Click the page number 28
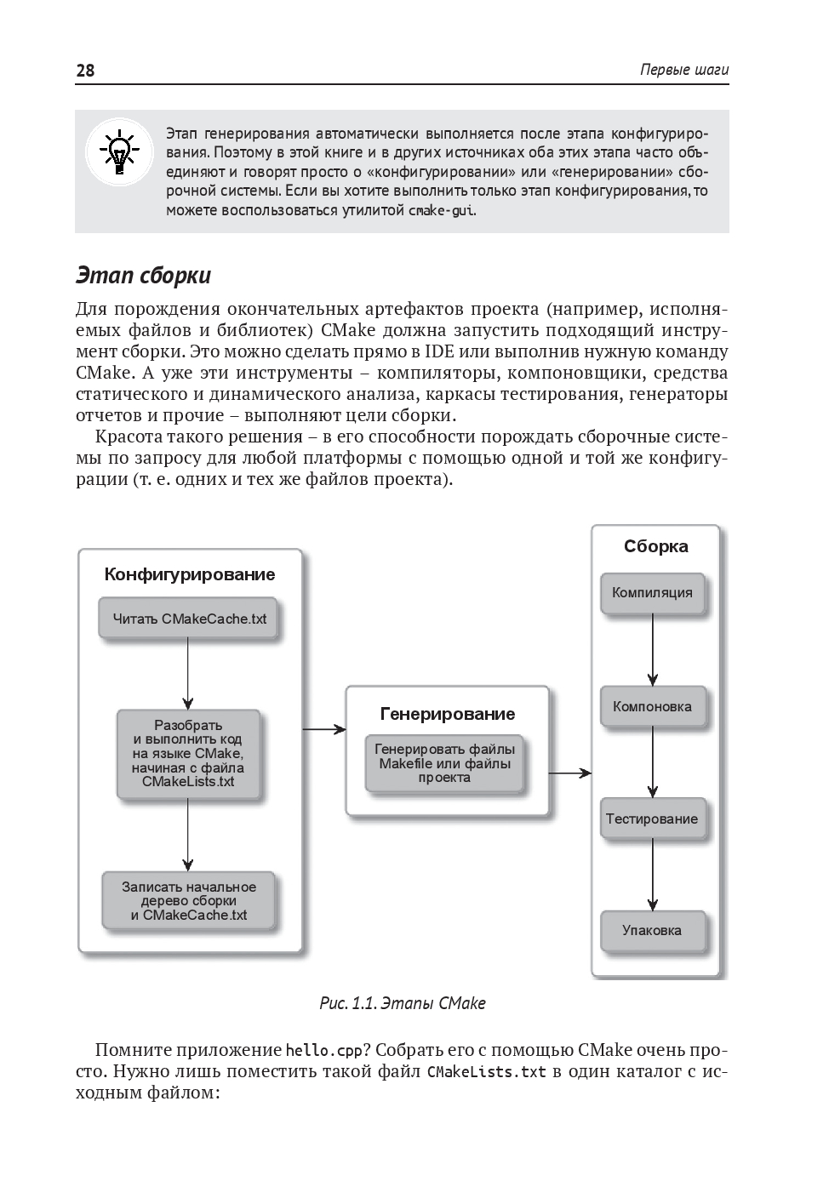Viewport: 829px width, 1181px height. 86,71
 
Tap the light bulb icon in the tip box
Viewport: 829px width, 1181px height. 119,153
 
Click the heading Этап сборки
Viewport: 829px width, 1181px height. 143,276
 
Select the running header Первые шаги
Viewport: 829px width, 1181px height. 684,71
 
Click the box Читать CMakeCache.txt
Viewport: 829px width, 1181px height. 189,619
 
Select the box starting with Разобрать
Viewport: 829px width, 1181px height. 188,754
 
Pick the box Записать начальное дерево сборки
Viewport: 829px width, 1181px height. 189,900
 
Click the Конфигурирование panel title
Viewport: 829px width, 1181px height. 190,574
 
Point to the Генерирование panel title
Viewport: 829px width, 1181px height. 448,714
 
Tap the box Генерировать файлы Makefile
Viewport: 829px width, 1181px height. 445,763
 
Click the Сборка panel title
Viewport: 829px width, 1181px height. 655,546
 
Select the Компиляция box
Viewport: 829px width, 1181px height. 653,592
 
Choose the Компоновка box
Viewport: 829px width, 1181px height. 653,706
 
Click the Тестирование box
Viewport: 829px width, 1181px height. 652,819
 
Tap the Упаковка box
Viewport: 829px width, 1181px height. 652,930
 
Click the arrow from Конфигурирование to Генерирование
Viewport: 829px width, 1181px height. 324,729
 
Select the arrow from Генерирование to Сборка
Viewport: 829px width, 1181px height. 570,773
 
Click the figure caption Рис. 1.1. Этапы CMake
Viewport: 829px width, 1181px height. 402,1003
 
